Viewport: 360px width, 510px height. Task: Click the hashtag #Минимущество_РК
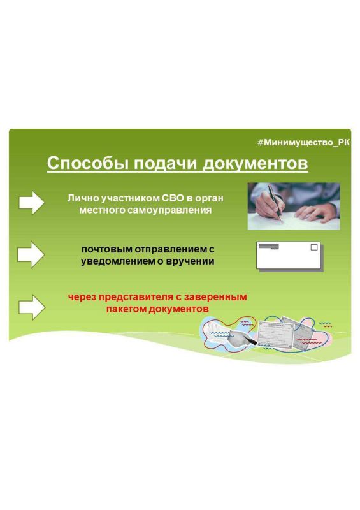pos(303,142)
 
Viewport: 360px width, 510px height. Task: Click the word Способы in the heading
pos(88,163)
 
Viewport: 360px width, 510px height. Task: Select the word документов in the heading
pos(256,163)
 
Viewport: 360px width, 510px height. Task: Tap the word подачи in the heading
pos(166,164)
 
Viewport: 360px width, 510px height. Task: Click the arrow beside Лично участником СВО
pos(32,203)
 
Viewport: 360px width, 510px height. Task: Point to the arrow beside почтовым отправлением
pos(31,254)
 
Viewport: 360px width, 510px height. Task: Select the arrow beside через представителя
pos(32,307)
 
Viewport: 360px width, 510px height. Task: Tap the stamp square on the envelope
pos(314,247)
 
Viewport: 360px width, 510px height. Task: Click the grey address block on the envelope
pos(269,247)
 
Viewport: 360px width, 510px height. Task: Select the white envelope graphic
pos(289,256)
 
